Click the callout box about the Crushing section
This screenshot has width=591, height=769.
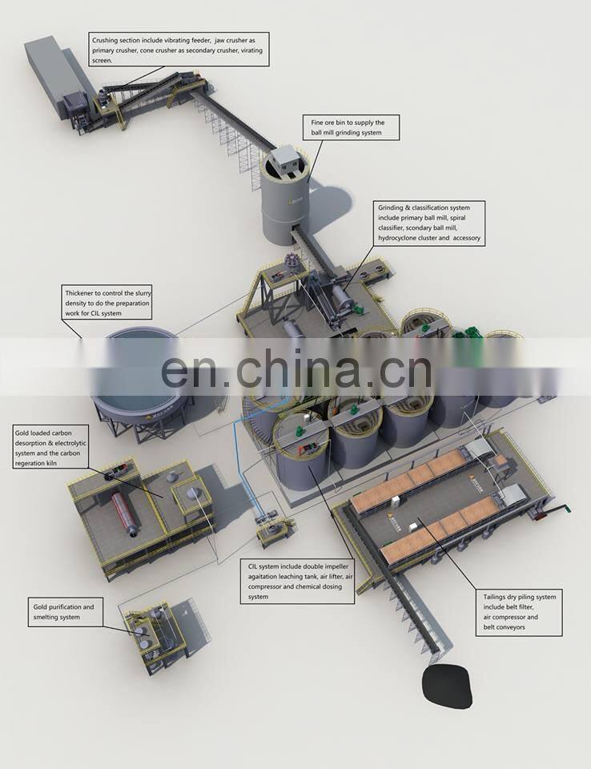coord(179,50)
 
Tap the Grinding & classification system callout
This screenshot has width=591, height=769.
coord(429,223)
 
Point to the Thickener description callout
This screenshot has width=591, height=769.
coord(107,303)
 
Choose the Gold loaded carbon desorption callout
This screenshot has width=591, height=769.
coord(50,448)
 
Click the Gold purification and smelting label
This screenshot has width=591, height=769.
coord(65,611)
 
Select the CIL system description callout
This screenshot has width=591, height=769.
coord(297,582)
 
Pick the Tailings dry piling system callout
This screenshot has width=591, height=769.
coord(519,613)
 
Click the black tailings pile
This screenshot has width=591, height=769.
coord(448,685)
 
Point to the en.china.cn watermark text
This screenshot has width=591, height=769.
coord(296,367)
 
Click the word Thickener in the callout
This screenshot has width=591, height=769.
coord(79,293)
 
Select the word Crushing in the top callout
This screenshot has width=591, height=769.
coord(105,40)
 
